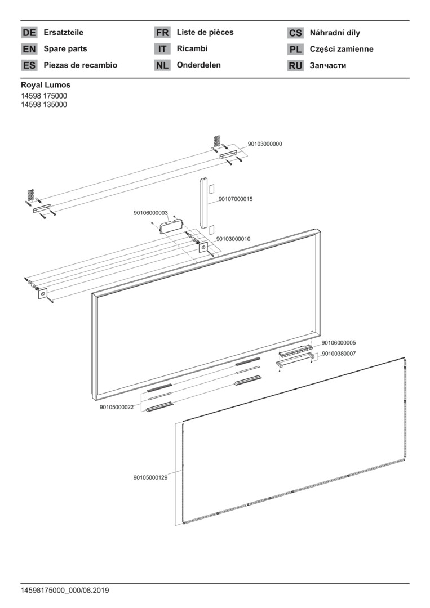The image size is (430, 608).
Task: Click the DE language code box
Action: (29, 33)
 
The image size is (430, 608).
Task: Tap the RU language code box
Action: (295, 65)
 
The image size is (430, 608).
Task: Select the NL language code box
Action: (162, 65)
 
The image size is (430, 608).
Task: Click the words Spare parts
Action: (65, 49)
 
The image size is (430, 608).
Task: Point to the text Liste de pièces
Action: (205, 32)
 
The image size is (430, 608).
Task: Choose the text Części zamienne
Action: (342, 49)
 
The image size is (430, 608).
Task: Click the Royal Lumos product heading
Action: (46, 84)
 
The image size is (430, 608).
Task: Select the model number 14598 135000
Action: (44, 105)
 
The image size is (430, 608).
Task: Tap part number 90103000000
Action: (265, 144)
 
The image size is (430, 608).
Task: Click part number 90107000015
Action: (236, 199)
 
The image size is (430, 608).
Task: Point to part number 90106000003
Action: (150, 213)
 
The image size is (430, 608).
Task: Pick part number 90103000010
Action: (233, 239)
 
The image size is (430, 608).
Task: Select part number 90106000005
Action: (338, 343)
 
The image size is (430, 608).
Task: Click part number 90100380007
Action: (338, 354)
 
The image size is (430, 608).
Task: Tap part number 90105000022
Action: (117, 407)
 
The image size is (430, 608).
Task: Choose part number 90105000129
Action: (150, 477)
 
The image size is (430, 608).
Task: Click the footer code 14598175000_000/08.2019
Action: (65, 591)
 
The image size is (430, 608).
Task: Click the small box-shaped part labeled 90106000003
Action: (171, 226)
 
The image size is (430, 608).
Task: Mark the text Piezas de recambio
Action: (81, 65)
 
